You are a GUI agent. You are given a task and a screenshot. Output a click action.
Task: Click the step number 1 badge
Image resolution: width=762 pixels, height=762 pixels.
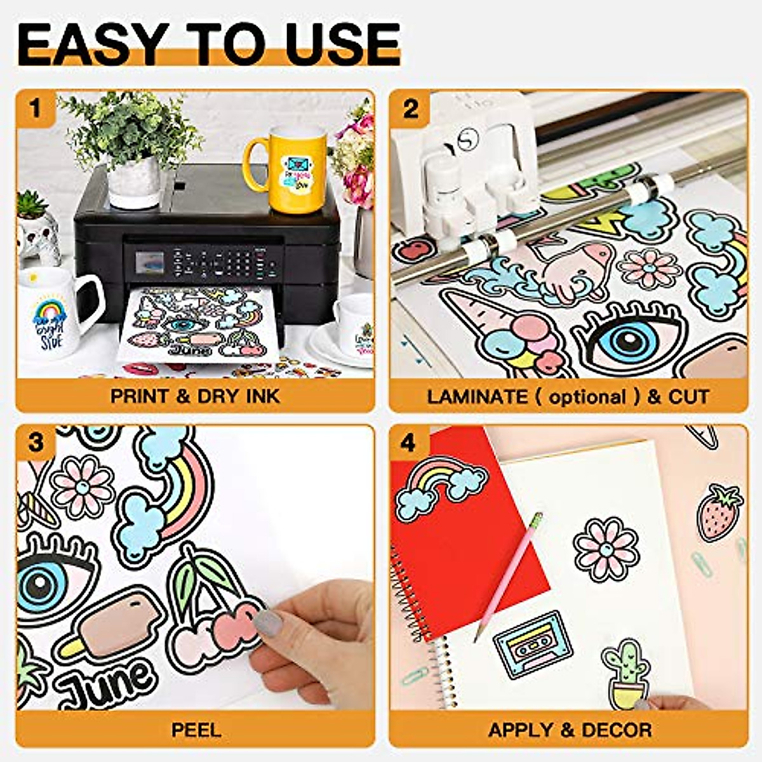click(35, 109)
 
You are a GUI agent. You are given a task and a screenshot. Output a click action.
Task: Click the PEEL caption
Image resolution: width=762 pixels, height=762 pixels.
click(196, 730)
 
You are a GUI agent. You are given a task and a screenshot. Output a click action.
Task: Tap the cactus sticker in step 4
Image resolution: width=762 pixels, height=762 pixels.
click(626, 673)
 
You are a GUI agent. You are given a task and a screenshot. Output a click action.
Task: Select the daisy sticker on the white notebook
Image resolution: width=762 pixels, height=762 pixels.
click(606, 549)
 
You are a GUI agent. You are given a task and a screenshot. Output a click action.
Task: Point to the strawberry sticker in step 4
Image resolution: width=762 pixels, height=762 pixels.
click(720, 512)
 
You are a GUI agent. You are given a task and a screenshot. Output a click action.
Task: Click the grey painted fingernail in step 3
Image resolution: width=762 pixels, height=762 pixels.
click(268, 624)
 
